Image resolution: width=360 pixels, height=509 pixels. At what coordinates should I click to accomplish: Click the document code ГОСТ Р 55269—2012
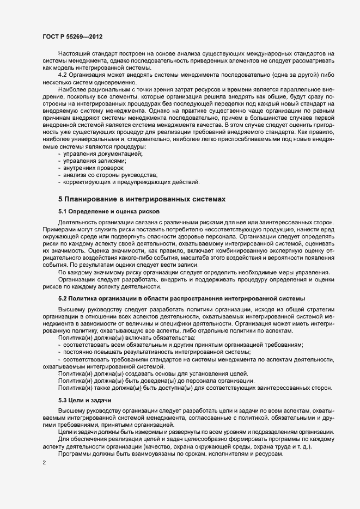[72, 36]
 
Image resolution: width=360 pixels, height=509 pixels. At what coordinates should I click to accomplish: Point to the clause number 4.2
[63, 73]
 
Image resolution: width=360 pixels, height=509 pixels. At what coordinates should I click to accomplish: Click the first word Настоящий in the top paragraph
[74, 54]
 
